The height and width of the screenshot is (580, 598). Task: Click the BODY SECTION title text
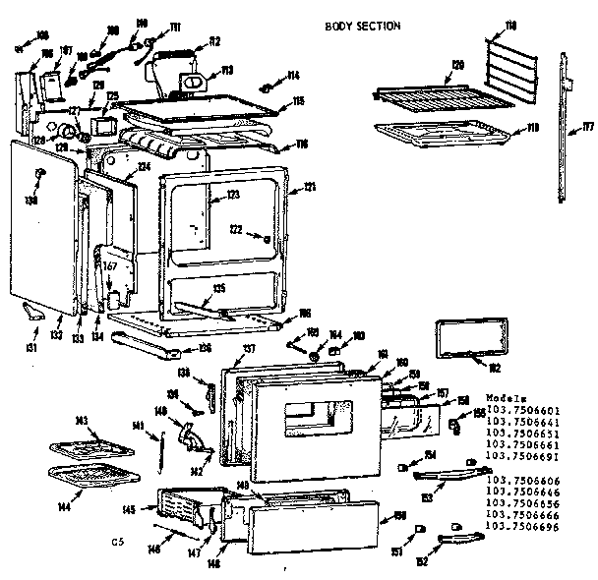pyautogui.click(x=362, y=26)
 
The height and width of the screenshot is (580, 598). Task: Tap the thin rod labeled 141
pyautogui.click(x=158, y=453)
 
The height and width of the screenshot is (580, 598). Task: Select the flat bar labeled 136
pyautogui.click(x=149, y=344)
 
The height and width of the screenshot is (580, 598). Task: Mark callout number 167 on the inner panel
pyautogui.click(x=110, y=264)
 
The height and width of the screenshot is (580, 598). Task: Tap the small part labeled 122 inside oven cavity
pyautogui.click(x=266, y=237)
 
